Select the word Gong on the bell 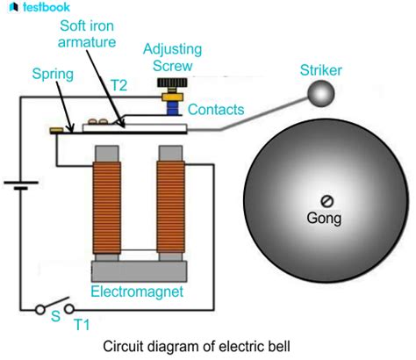(x=325, y=217)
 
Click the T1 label (x=82, y=325)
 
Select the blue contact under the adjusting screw (x=169, y=109)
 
